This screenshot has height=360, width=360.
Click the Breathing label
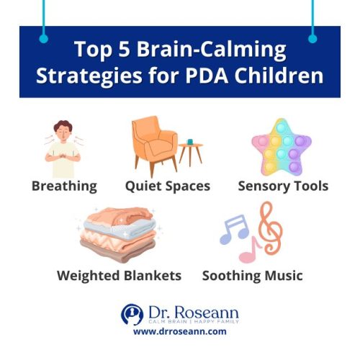point(64,186)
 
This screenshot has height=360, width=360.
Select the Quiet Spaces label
point(168,186)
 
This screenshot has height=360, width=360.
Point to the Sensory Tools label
point(283,186)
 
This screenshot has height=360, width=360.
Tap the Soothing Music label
point(252,276)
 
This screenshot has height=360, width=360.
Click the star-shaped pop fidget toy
point(282,146)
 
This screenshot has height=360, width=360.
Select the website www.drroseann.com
point(180,333)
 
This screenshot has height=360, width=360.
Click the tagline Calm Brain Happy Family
point(192,322)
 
